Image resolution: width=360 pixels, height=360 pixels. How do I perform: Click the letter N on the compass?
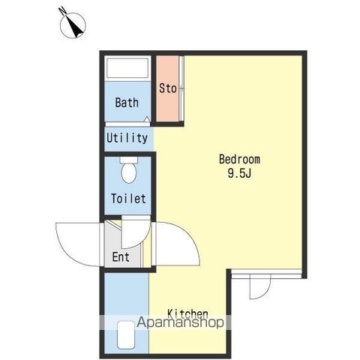[x=62, y=10]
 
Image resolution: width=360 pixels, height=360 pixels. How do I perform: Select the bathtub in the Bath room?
[x=127, y=68]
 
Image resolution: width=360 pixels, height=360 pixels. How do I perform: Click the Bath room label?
[x=127, y=103]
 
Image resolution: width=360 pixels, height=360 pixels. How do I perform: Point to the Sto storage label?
[x=168, y=88]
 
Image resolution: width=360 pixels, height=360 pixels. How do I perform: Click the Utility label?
[x=127, y=138]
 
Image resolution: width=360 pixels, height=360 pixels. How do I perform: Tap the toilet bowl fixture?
[x=129, y=170]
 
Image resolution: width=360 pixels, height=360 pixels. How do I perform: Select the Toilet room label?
[x=128, y=199]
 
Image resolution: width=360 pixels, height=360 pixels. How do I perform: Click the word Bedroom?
[x=239, y=159]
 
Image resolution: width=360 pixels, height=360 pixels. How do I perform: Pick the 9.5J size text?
[x=239, y=173]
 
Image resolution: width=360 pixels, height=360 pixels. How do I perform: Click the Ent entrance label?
[x=121, y=257]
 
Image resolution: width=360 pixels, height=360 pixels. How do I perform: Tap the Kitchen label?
[x=187, y=313]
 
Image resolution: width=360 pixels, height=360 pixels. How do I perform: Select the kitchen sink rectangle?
[x=126, y=335]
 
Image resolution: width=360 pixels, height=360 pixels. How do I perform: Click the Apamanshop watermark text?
[x=180, y=322]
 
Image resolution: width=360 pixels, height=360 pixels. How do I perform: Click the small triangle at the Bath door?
[x=147, y=119]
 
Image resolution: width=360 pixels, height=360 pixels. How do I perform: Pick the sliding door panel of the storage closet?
[x=181, y=88]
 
